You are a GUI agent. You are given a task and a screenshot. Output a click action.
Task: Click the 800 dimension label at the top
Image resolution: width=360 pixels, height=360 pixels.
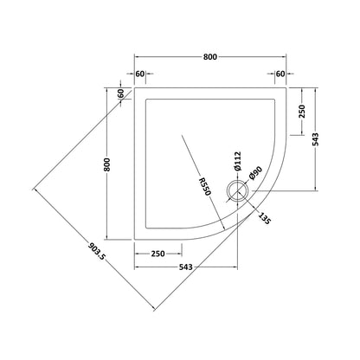[210, 57]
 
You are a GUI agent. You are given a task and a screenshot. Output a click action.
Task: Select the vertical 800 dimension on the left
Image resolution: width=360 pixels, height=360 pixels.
[107, 164]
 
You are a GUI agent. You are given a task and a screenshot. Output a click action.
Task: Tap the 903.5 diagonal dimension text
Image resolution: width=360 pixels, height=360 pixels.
[96, 251]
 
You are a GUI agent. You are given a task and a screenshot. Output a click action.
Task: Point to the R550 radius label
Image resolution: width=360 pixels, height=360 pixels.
[205, 187]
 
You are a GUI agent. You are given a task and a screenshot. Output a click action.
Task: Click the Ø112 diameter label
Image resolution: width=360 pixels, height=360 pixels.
[238, 161]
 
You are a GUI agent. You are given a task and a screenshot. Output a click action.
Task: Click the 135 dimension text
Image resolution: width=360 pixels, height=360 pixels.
[265, 218]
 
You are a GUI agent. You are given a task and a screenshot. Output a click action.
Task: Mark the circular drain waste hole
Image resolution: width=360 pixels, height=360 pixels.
[238, 191]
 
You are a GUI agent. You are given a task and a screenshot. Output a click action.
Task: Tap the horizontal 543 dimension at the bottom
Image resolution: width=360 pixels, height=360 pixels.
[185, 267]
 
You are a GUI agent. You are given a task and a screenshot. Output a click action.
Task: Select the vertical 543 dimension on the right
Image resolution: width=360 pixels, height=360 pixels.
[316, 139]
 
